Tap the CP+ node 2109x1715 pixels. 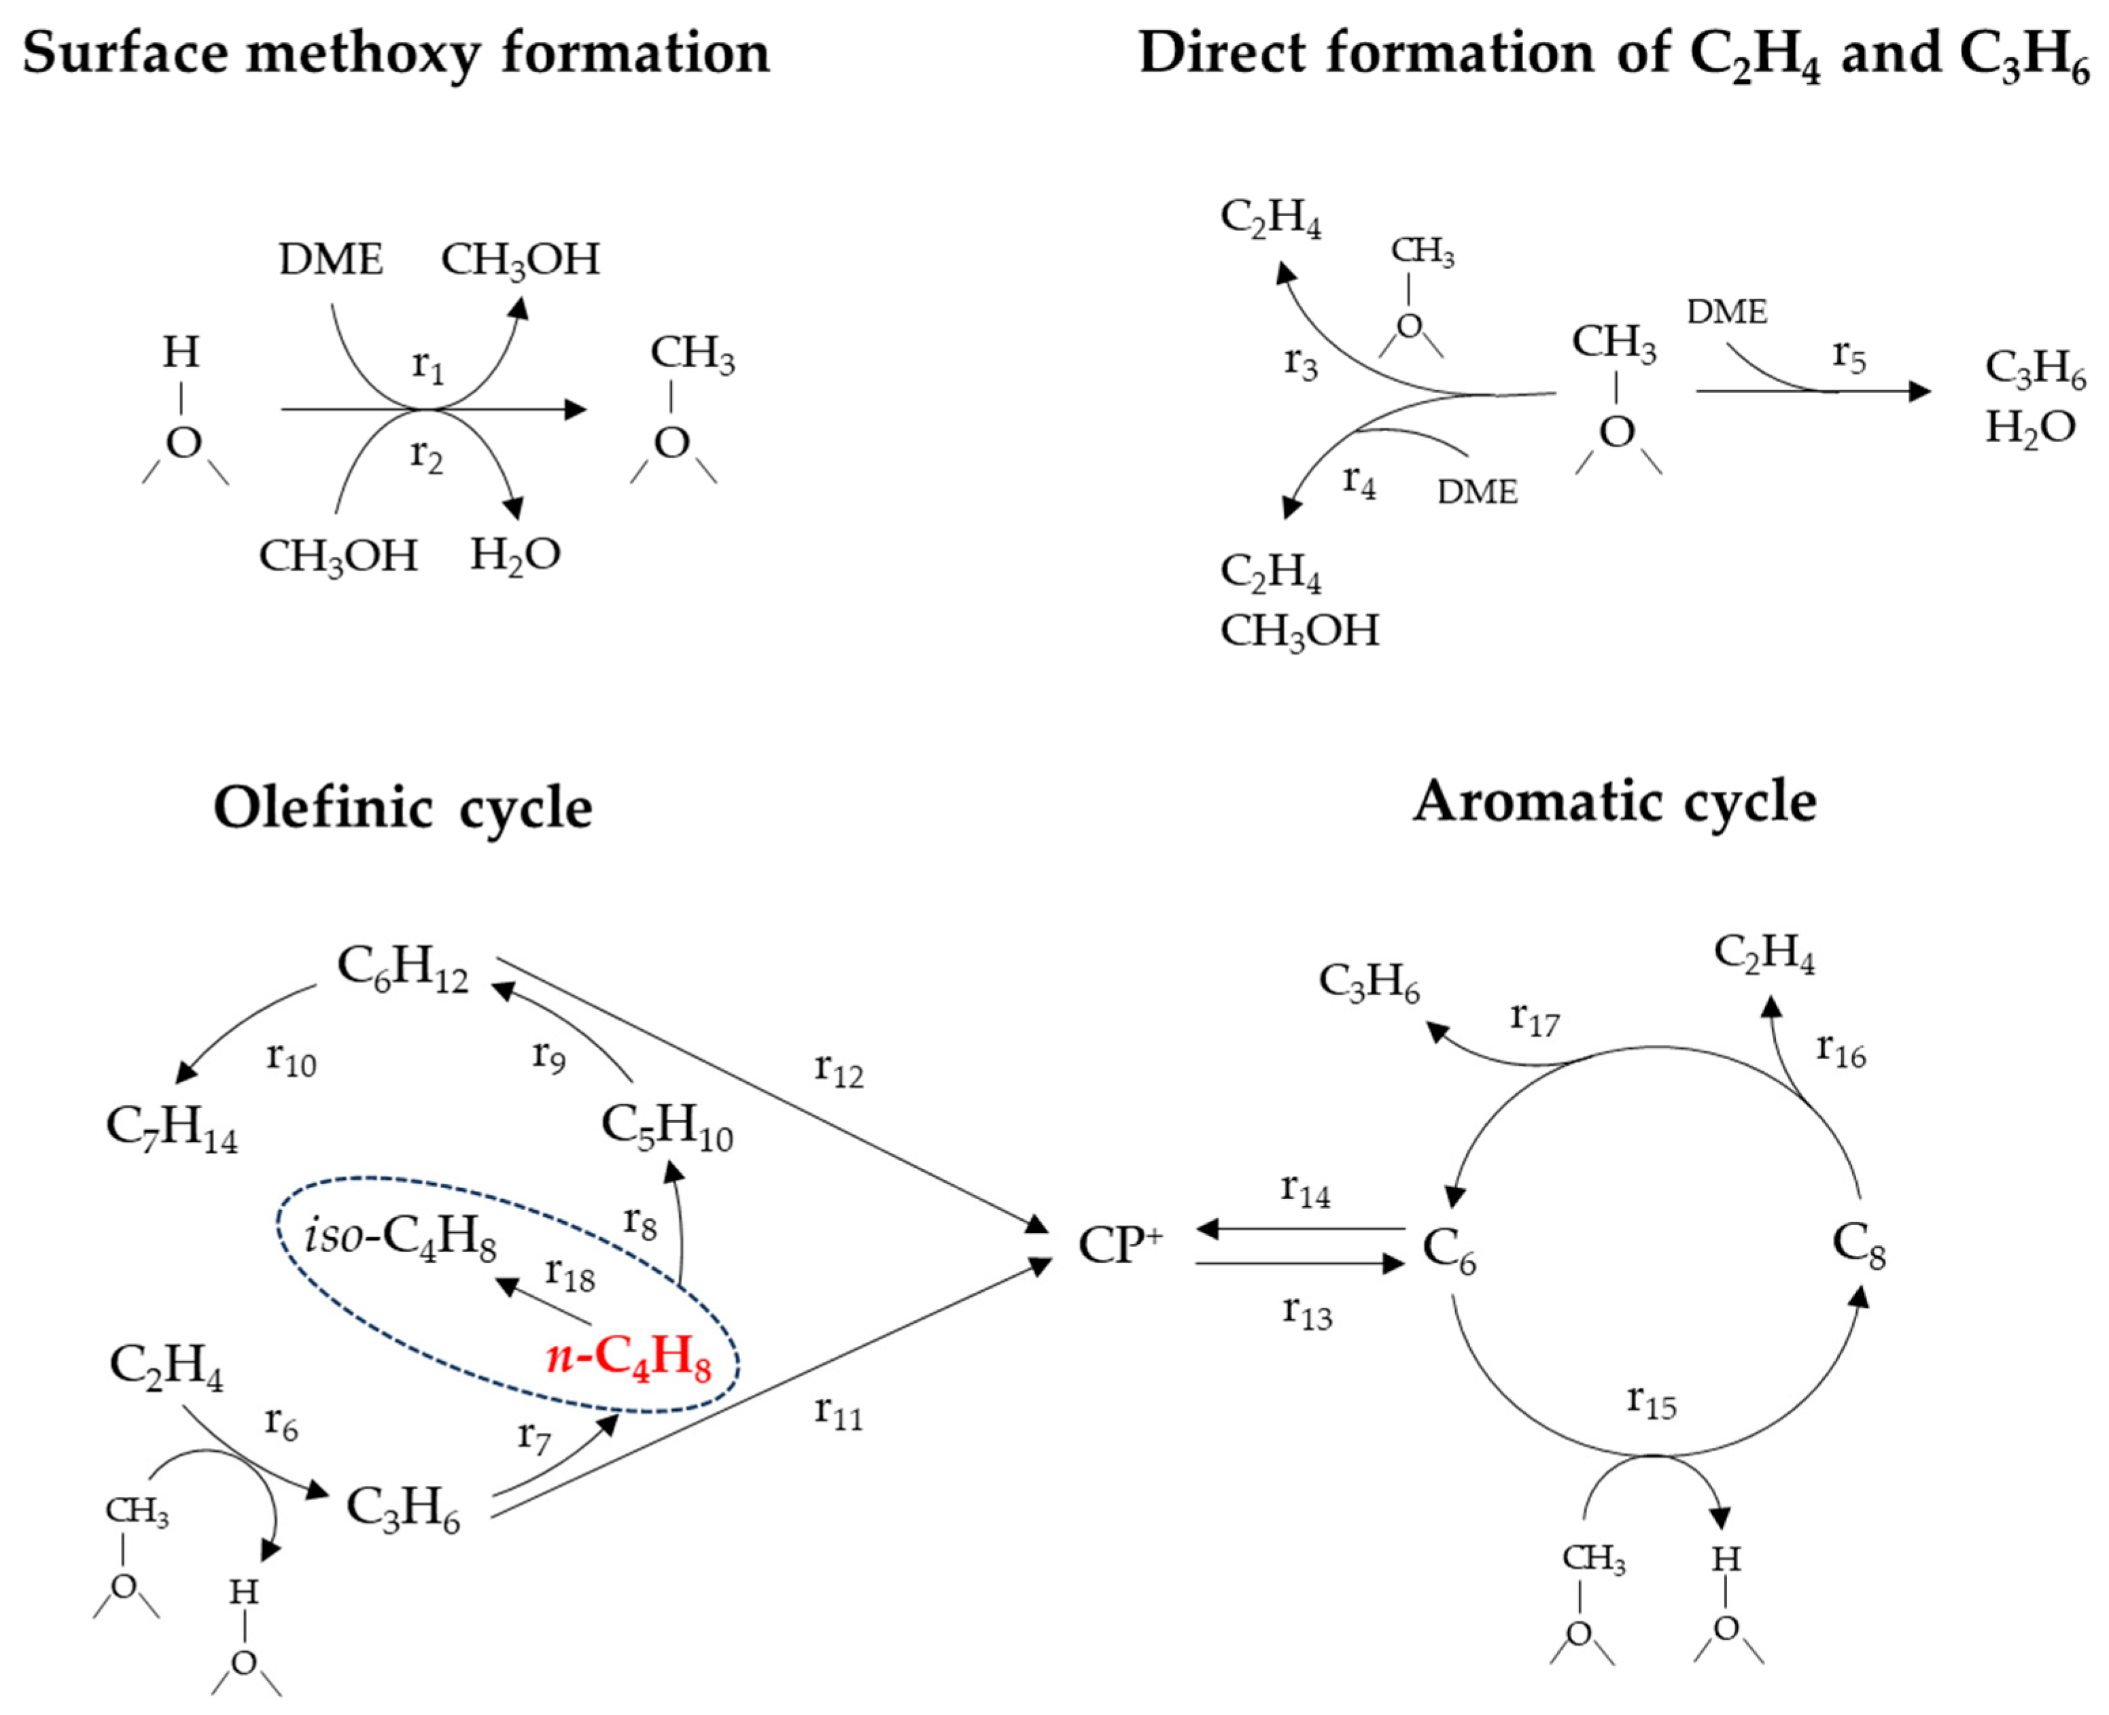(x=1120, y=1245)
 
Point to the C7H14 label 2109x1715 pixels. (x=172, y=1126)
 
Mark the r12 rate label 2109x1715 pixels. (x=839, y=1069)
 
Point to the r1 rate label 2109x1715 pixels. (x=428, y=366)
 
